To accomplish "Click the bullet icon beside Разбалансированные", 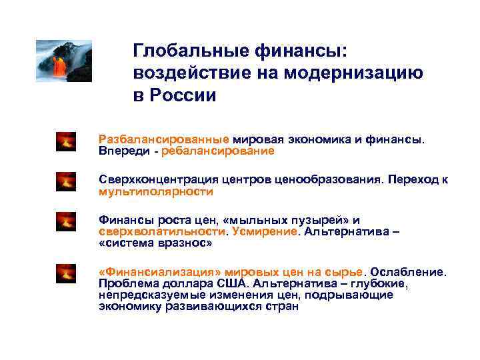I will coord(65,141).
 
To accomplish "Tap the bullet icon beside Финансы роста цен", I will coord(65,221).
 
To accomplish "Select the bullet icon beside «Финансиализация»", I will coord(65,273).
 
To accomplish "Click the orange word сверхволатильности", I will coord(162,231).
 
